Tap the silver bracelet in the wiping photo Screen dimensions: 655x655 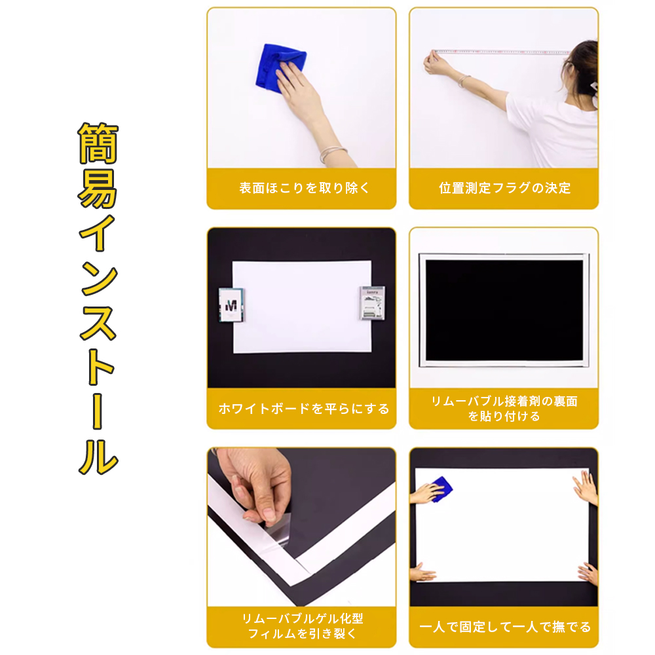click(x=333, y=154)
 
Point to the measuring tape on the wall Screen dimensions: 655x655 click(x=502, y=52)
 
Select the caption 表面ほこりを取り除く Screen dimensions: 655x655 click(x=304, y=188)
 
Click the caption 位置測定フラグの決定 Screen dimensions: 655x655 click(x=504, y=188)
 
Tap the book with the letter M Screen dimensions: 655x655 click(x=231, y=305)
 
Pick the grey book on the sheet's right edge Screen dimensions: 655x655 click(x=372, y=303)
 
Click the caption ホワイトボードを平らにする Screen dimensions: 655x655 click(x=304, y=408)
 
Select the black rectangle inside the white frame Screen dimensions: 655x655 click(x=504, y=310)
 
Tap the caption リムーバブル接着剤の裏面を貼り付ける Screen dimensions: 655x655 click(x=504, y=409)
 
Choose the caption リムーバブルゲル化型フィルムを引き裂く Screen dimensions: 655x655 click(x=303, y=626)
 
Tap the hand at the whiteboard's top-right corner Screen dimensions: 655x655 click(x=586, y=487)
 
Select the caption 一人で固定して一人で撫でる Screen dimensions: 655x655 click(x=504, y=627)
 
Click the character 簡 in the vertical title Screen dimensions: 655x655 click(x=99, y=143)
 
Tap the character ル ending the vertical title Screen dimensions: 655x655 click(x=99, y=456)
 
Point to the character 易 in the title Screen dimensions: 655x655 click(x=98, y=189)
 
